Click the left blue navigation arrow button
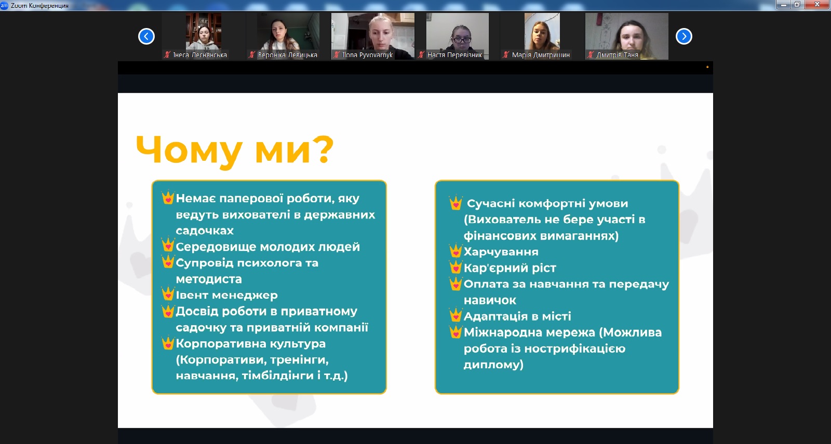(x=146, y=36)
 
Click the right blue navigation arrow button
(x=683, y=36)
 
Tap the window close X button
(x=817, y=5)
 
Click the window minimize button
(x=784, y=5)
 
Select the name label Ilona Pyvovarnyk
(x=367, y=55)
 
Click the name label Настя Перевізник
(x=454, y=55)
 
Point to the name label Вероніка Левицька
(x=288, y=55)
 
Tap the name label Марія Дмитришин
(x=541, y=55)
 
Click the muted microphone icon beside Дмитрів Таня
(x=590, y=55)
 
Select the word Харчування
(x=501, y=252)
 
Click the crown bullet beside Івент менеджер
(x=168, y=294)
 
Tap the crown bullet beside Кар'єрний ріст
(x=455, y=267)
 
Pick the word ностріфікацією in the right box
(x=574, y=349)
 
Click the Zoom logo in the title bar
(x=4, y=5)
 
